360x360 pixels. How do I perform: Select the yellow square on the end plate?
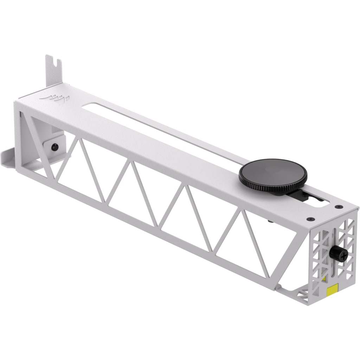click(332, 291)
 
